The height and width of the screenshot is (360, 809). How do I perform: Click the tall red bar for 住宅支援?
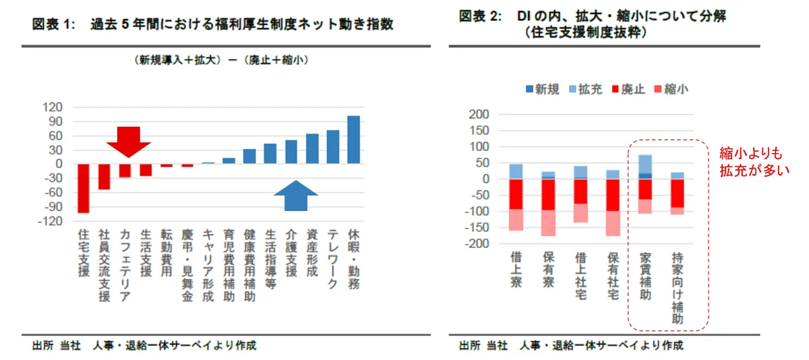[83, 188]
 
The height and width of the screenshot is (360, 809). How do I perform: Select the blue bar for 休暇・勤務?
[353, 140]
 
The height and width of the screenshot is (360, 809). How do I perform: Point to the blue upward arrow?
[295, 196]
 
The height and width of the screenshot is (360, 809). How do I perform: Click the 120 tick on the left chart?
[52, 107]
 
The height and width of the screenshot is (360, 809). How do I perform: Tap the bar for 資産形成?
[312, 148]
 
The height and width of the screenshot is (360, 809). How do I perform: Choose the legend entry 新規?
[541, 89]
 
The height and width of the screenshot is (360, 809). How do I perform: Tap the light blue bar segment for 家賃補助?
[645, 164]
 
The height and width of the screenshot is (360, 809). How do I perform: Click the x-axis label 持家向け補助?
[678, 289]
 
